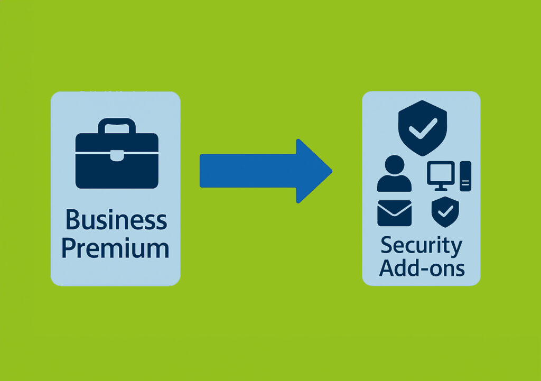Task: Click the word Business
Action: coord(116,219)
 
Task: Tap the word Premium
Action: coord(116,248)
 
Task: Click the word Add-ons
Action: coord(422,267)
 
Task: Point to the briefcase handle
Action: coord(117,122)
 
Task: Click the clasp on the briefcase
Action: coord(117,156)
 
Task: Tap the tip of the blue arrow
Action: coord(332,171)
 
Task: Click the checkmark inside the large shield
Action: coord(423,128)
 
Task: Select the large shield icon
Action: coord(423,128)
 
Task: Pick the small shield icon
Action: coord(445,212)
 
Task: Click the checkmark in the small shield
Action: coord(445,211)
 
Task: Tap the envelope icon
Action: coord(394,213)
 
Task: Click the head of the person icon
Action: coord(394,165)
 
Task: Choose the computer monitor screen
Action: coord(441,173)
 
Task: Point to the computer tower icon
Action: coord(465,176)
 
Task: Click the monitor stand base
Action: coord(441,189)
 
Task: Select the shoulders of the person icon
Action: coord(394,184)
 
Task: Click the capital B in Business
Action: coord(73,219)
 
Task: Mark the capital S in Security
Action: coord(387,245)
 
